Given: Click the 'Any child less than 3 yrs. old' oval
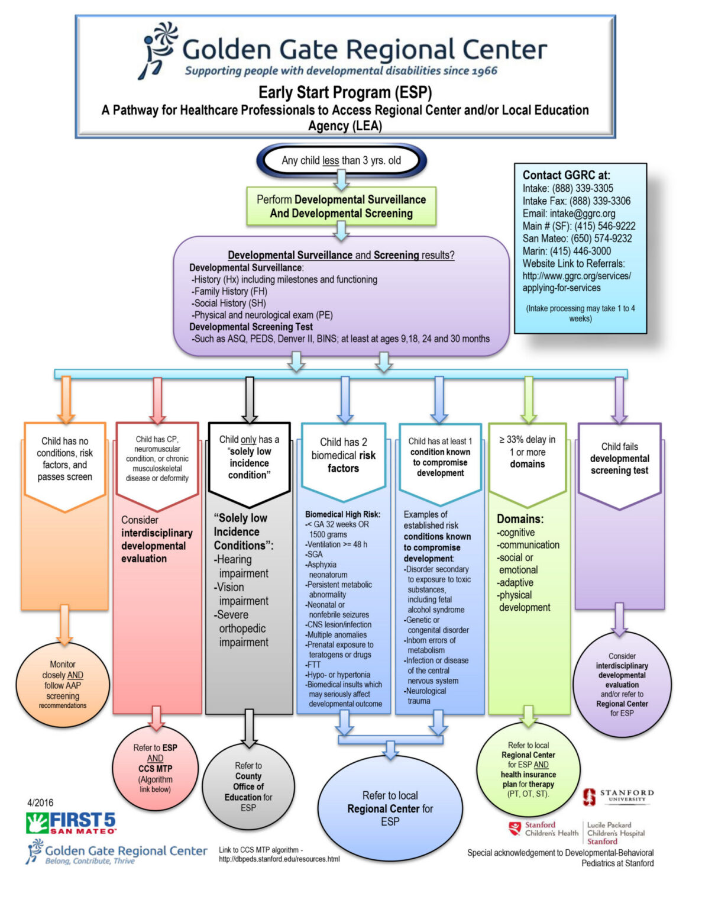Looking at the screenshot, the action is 341,160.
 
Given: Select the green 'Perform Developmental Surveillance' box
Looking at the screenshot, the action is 341,206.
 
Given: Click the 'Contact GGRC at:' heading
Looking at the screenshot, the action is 566,175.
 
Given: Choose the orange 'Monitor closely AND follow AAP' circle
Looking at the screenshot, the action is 63,685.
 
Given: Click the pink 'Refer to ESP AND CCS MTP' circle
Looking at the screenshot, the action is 155,768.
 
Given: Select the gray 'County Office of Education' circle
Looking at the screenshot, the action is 248,786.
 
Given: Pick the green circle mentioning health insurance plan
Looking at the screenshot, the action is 528,769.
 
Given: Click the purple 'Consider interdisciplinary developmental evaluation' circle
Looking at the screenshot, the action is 622,684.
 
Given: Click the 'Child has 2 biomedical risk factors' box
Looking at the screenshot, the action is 344,462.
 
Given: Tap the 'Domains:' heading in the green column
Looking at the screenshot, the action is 520,519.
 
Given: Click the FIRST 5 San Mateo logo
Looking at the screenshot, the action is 71,823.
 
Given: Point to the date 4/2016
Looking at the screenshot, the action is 41,802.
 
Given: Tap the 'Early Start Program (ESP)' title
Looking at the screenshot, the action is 345,92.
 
